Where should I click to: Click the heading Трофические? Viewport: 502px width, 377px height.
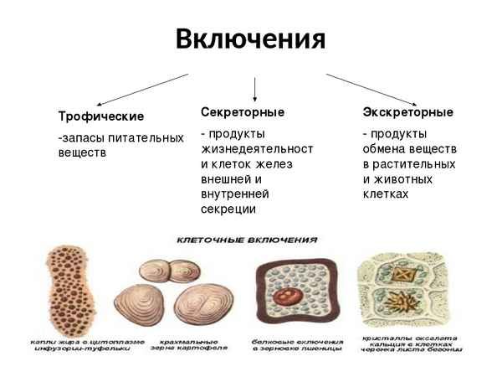pos(100,116)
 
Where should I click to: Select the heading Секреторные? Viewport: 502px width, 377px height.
pos(243,111)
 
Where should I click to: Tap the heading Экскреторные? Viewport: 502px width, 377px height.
pos(407,111)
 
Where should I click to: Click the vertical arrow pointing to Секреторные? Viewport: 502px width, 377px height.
pos(254,87)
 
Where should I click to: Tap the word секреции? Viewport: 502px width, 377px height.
pos(228,209)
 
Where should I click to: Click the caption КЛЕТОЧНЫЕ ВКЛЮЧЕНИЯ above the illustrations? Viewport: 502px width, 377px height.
pos(247,240)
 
